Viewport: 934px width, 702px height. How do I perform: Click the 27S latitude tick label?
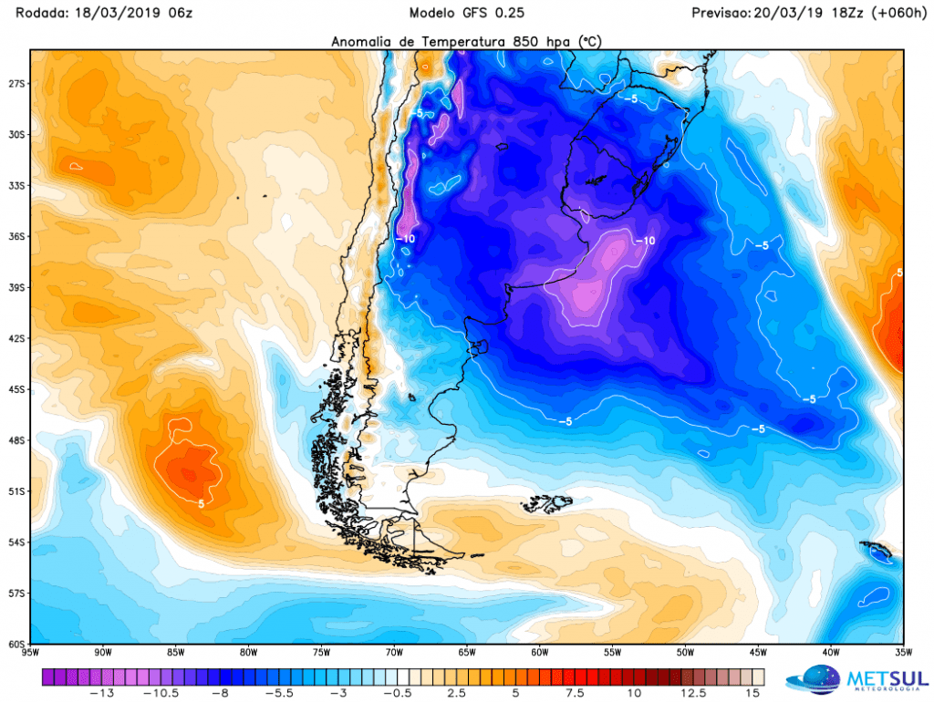[16, 84]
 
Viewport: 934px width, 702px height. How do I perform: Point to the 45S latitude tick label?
[16, 389]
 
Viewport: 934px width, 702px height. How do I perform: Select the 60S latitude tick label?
[16, 645]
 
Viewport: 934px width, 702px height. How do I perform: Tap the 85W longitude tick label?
[176, 652]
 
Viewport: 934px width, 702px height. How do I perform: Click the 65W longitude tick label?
[467, 652]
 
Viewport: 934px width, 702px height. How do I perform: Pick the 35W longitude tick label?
[903, 652]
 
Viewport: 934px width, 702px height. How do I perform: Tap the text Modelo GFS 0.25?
[466, 13]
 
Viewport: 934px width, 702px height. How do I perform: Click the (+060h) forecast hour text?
[898, 13]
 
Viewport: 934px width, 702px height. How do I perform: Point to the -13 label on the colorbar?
[101, 693]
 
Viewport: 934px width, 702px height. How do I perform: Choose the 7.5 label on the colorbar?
[575, 693]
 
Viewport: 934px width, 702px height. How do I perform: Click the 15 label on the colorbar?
[752, 693]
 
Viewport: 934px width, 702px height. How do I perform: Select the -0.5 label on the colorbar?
[398, 693]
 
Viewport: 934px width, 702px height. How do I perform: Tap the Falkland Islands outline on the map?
[547, 502]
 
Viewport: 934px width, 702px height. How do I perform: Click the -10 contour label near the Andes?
[405, 239]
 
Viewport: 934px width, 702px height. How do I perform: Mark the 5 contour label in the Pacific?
[202, 504]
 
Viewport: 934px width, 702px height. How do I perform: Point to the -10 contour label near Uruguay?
[645, 241]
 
